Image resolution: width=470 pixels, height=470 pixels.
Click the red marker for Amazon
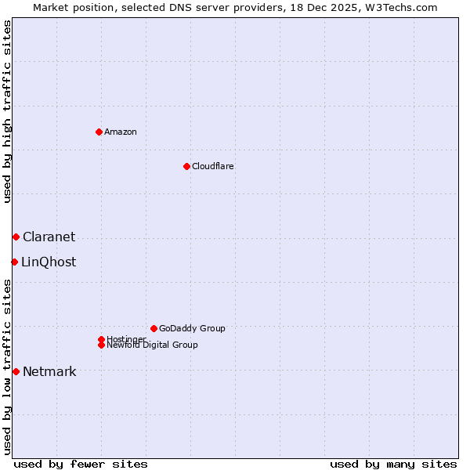[99, 132]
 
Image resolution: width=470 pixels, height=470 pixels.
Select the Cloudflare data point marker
[186, 166]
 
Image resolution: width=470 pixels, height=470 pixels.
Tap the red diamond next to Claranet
[16, 237]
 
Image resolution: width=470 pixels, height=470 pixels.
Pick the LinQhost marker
[14, 262]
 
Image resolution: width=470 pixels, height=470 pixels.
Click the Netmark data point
[16, 371]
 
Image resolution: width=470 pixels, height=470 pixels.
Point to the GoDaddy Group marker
[154, 328]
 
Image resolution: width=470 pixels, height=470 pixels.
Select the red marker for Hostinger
[101, 339]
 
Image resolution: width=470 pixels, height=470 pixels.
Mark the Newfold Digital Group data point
[101, 345]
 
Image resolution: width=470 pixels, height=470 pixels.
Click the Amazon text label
[121, 132]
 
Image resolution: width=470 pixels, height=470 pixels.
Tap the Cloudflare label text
[213, 166]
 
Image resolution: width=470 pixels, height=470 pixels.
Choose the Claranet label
[49, 237]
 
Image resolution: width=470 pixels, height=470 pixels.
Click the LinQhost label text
[49, 262]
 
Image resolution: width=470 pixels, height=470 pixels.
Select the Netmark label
[49, 371]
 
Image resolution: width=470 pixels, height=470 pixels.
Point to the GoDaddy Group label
[192, 328]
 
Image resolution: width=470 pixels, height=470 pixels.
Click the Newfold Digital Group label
[153, 345]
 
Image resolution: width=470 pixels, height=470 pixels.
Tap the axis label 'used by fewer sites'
[81, 464]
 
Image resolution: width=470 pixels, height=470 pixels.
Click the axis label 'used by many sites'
[393, 464]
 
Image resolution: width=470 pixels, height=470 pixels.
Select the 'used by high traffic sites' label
[7, 112]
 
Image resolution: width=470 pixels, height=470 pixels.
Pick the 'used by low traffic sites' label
[7, 366]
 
